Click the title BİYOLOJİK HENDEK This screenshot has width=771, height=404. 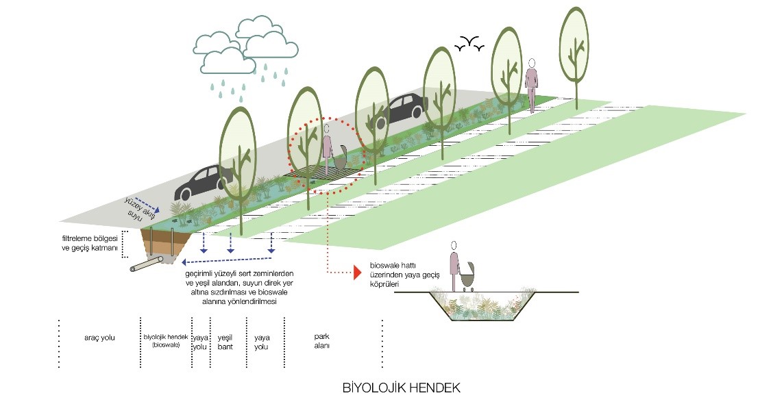(401, 388)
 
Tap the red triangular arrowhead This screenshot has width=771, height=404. (356, 273)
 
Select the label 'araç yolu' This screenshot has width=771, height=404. (99, 339)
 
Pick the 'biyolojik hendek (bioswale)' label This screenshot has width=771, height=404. (164, 340)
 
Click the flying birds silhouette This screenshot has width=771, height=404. (469, 45)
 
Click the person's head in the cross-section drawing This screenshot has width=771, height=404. (453, 247)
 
